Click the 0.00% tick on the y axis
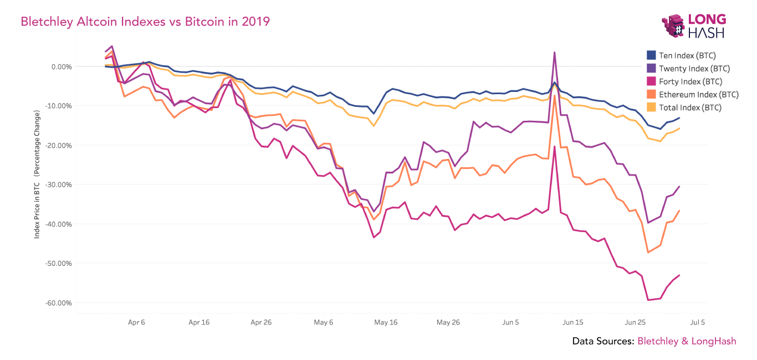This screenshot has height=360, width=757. click(62, 66)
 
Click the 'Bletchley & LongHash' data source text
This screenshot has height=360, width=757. click(687, 341)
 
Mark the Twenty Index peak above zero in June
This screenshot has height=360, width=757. click(554, 53)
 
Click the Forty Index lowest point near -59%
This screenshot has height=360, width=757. click(648, 300)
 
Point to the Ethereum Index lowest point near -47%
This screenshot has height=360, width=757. click(648, 253)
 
